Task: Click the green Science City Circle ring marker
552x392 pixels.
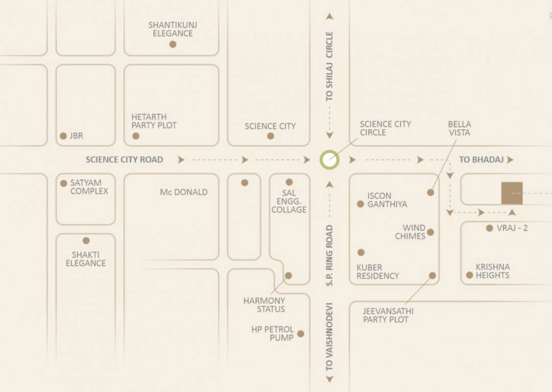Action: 329,160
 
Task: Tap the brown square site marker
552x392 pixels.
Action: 512,193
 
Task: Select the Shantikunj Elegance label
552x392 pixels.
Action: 173,29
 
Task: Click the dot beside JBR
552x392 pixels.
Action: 63,136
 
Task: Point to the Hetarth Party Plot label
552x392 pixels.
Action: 154,121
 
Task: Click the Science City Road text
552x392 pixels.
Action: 124,160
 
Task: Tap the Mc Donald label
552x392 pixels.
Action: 184,192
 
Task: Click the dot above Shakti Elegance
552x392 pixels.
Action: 86,240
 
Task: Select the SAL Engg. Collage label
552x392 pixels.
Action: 289,201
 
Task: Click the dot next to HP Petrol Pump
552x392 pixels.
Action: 301,334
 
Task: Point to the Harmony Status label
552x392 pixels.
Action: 264,305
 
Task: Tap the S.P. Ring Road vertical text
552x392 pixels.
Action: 329,255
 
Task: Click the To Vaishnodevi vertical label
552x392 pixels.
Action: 329,337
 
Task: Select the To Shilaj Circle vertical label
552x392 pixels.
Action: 329,66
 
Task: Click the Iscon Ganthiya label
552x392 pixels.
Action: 387,200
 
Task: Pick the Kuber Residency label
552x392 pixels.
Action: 378,272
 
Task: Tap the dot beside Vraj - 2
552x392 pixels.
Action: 490,228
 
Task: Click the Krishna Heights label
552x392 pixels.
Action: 493,271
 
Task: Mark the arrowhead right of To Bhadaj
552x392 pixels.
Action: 510,160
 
